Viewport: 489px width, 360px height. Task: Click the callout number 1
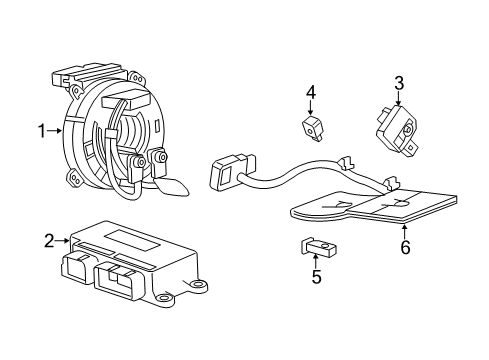(42, 130)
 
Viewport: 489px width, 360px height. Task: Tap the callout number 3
(398, 84)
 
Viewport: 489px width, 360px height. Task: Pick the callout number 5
(315, 277)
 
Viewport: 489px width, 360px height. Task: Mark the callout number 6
(405, 247)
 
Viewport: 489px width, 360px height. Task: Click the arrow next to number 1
(57, 130)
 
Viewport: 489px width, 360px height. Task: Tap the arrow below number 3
(398, 103)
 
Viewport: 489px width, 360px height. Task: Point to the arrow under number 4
(311, 111)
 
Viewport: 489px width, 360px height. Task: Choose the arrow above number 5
(315, 258)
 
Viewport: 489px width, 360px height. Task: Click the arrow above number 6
(405, 230)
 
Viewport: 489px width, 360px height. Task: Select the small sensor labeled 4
(312, 127)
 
